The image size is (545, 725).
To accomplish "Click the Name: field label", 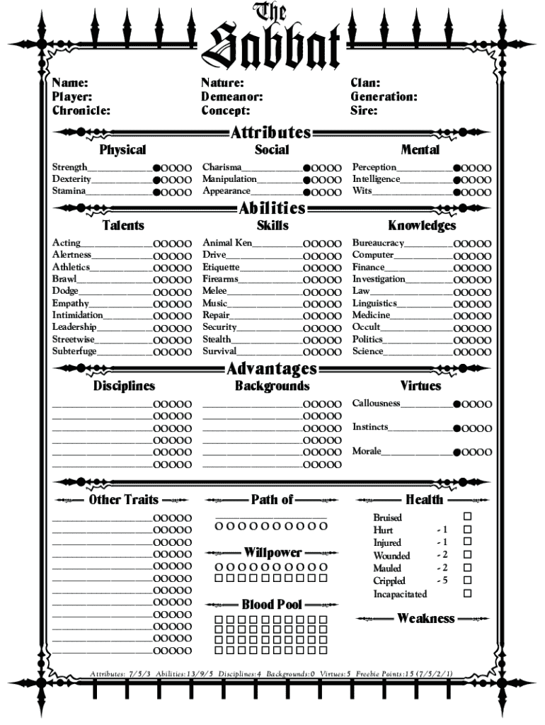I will pos(70,84).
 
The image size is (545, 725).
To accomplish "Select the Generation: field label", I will pos(384,97).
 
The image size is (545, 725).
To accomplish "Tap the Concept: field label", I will pos(225,110).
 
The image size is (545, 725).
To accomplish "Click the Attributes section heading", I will pos(271,132).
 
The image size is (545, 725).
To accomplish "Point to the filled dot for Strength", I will pos(157,169).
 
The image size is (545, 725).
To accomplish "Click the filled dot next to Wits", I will pos(457,192).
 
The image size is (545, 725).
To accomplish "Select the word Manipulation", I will pos(229,179).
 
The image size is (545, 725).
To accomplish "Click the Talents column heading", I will pos(123,225).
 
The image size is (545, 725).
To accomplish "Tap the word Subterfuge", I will pos(74,351).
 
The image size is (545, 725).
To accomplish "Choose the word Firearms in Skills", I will pos(220,279).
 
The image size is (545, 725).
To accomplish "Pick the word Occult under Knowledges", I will pos(366,327).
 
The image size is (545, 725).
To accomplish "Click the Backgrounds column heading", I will pos(272,386).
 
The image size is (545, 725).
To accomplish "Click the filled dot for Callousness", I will pos(457,404).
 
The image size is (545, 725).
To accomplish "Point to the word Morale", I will pos(367,451).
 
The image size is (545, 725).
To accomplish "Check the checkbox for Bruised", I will pos(467,517).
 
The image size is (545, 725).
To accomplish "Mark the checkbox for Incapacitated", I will pos(467,593).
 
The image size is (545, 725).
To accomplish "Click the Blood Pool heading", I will pos(272,605).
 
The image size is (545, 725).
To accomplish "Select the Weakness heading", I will pos(425,618).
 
